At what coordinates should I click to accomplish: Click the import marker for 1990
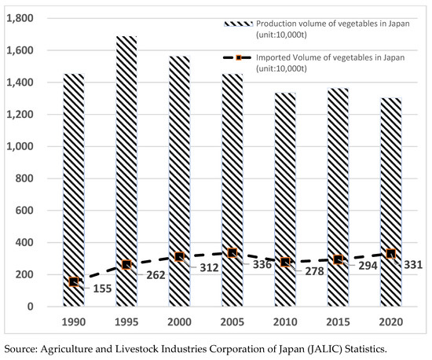[x=74, y=281]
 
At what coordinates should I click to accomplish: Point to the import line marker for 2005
[x=233, y=252]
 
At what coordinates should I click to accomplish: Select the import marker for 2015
[x=339, y=259]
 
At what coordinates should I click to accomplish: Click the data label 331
[x=414, y=264]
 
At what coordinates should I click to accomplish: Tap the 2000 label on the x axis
[x=181, y=323]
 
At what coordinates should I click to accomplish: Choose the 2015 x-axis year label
[x=339, y=323]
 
